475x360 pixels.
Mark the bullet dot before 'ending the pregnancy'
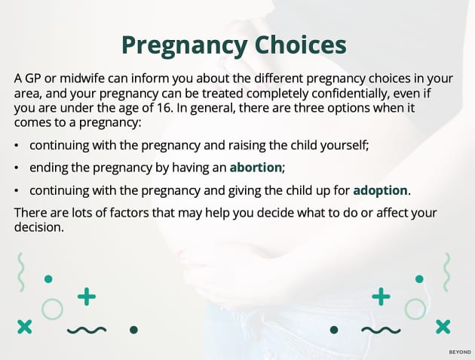(x=17, y=167)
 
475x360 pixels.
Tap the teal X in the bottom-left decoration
(x=24, y=326)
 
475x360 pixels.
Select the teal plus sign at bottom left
(x=87, y=297)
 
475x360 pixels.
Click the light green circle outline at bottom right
(x=415, y=308)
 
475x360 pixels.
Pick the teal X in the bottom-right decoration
(x=443, y=326)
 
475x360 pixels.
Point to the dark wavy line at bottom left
(x=87, y=330)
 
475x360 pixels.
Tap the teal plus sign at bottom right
(x=382, y=297)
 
